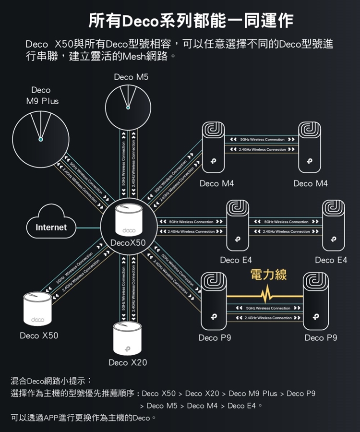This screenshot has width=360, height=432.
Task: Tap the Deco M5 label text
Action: pyautogui.click(x=132, y=77)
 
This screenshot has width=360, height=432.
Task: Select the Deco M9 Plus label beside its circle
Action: pyautogui.click(x=42, y=96)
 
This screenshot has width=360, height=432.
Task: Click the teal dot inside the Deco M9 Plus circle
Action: pyautogui.click(x=41, y=139)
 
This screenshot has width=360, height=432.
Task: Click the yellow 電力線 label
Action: pyautogui.click(x=268, y=275)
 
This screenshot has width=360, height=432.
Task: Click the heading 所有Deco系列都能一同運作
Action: pyautogui.click(x=191, y=21)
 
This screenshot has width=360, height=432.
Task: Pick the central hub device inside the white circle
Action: pyautogui.click(x=127, y=220)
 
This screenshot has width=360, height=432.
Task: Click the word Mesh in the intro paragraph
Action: pyautogui.click(x=134, y=57)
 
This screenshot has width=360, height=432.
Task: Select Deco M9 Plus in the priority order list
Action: pyautogui.click(x=253, y=394)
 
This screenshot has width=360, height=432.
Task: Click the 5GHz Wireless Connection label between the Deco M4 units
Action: pyautogui.click(x=262, y=140)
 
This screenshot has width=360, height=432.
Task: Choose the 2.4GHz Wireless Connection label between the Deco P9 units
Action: pyautogui.click(x=268, y=318)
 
